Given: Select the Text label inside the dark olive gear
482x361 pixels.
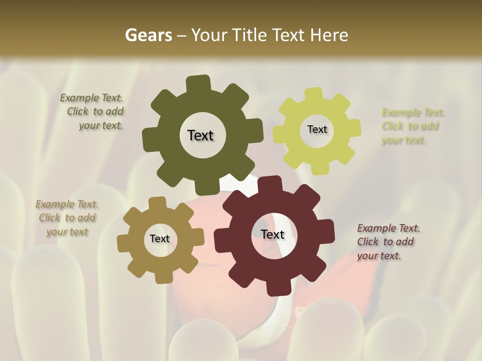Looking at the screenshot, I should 200,135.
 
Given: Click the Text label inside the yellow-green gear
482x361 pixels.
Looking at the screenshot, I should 317,129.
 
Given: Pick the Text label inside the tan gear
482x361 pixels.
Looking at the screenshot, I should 160,239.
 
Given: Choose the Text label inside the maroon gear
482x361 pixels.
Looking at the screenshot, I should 273,234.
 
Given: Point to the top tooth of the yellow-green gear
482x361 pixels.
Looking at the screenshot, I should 314,95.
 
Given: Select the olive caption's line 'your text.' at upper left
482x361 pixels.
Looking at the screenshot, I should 101,125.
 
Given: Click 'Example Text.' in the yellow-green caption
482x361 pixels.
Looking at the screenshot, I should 413,112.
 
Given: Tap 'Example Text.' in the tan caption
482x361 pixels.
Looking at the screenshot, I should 67,204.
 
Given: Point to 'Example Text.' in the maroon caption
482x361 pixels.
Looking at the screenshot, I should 389,228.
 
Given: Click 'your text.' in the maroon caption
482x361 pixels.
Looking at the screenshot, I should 379,255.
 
